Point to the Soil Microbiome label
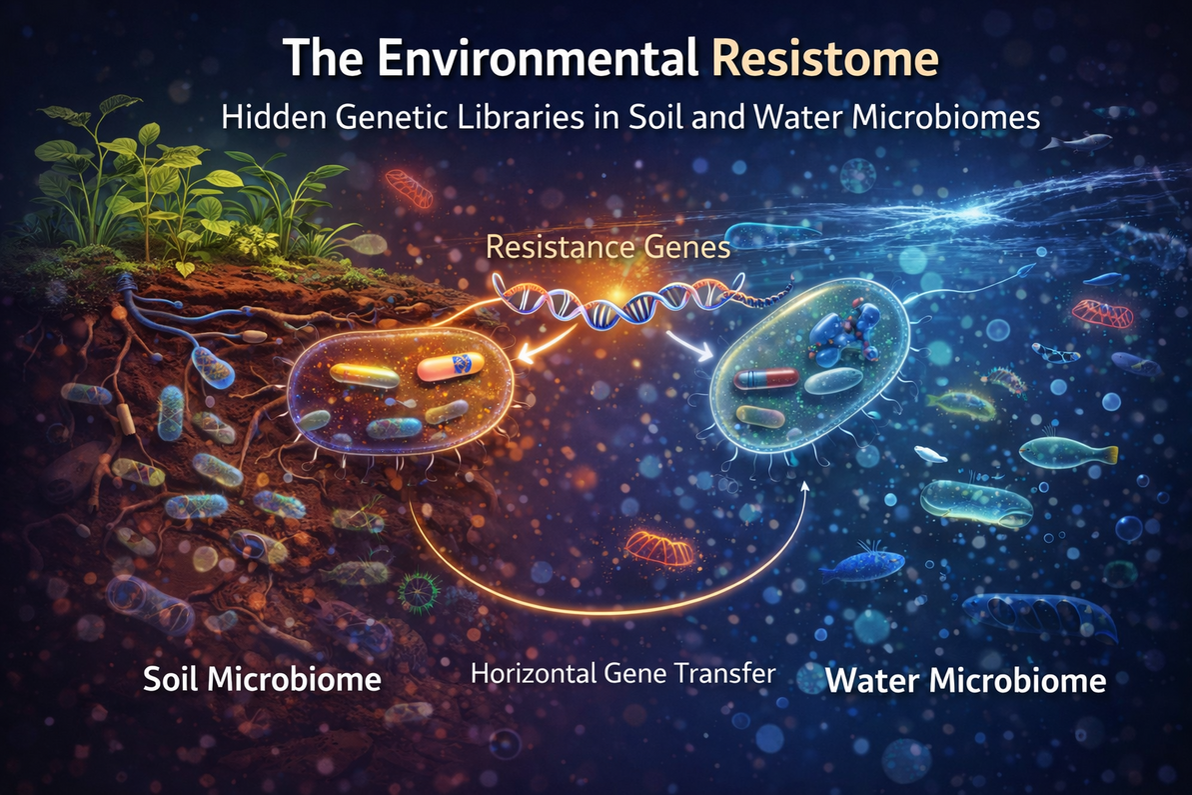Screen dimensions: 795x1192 coord(262,680)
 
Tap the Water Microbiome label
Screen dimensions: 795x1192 coord(966,681)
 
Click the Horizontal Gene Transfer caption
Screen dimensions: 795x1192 coord(623,673)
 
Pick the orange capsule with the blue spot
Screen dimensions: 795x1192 coord(450,369)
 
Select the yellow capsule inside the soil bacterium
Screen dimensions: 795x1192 coord(365,376)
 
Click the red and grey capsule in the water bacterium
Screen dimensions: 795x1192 coord(766,379)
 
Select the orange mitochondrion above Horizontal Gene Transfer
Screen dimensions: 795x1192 coord(657,547)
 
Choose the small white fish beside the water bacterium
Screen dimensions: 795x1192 coord(931,455)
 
